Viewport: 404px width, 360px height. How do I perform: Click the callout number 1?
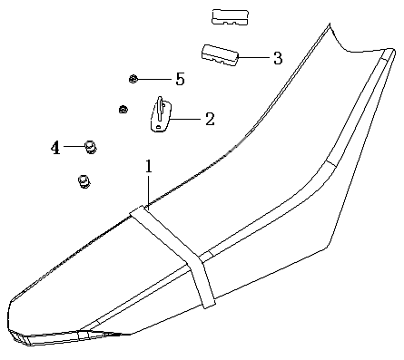click(x=148, y=167)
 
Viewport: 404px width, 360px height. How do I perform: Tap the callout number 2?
click(x=210, y=119)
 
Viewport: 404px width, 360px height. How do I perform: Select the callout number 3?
click(x=278, y=58)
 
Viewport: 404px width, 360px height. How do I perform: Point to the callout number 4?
click(x=55, y=148)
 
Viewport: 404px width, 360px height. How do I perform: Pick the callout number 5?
click(x=180, y=79)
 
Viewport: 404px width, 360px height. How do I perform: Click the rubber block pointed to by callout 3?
click(x=221, y=55)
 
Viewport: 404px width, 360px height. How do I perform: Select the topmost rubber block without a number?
click(x=231, y=17)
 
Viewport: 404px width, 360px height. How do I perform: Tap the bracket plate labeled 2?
click(x=161, y=115)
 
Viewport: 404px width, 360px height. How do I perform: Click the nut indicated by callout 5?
click(x=133, y=79)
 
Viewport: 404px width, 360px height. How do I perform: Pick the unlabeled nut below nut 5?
click(x=123, y=109)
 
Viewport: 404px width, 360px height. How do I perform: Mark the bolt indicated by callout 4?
click(x=90, y=147)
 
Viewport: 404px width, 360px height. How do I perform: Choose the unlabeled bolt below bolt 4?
click(x=84, y=181)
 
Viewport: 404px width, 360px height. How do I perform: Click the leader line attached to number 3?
click(x=253, y=57)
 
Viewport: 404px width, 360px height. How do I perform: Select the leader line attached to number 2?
click(x=185, y=119)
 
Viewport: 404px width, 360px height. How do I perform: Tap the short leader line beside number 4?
click(x=74, y=146)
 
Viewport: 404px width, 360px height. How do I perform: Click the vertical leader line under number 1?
click(x=148, y=192)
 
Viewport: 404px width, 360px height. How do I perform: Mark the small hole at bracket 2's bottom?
click(x=157, y=127)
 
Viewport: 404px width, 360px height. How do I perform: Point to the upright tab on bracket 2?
click(x=160, y=109)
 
